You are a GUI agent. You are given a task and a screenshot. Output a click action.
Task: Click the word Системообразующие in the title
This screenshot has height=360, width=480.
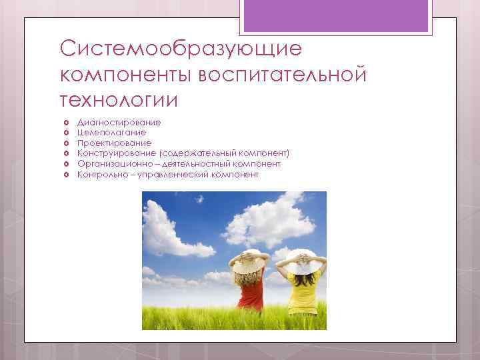click(x=180, y=49)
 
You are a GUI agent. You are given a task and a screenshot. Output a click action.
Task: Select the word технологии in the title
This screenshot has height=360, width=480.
click(x=119, y=100)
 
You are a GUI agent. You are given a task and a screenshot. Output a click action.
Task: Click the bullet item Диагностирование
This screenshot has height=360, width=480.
click(x=119, y=123)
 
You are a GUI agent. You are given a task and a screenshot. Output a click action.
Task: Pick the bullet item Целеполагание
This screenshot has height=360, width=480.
click(x=111, y=133)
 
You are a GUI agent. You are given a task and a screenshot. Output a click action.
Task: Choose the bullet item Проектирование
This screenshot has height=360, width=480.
click(x=114, y=143)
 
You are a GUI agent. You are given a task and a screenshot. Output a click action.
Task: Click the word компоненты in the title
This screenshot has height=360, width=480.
click(x=126, y=75)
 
